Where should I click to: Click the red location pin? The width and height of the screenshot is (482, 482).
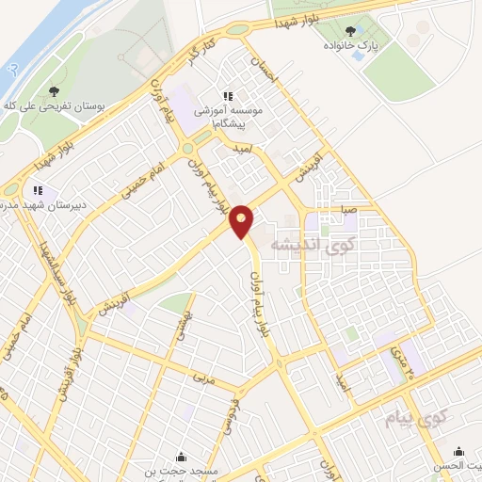(x=242, y=220)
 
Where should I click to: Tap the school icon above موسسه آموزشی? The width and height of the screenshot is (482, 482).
(x=227, y=96)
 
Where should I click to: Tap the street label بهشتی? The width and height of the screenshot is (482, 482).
(x=185, y=328)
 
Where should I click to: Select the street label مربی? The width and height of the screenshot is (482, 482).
(x=204, y=377)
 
